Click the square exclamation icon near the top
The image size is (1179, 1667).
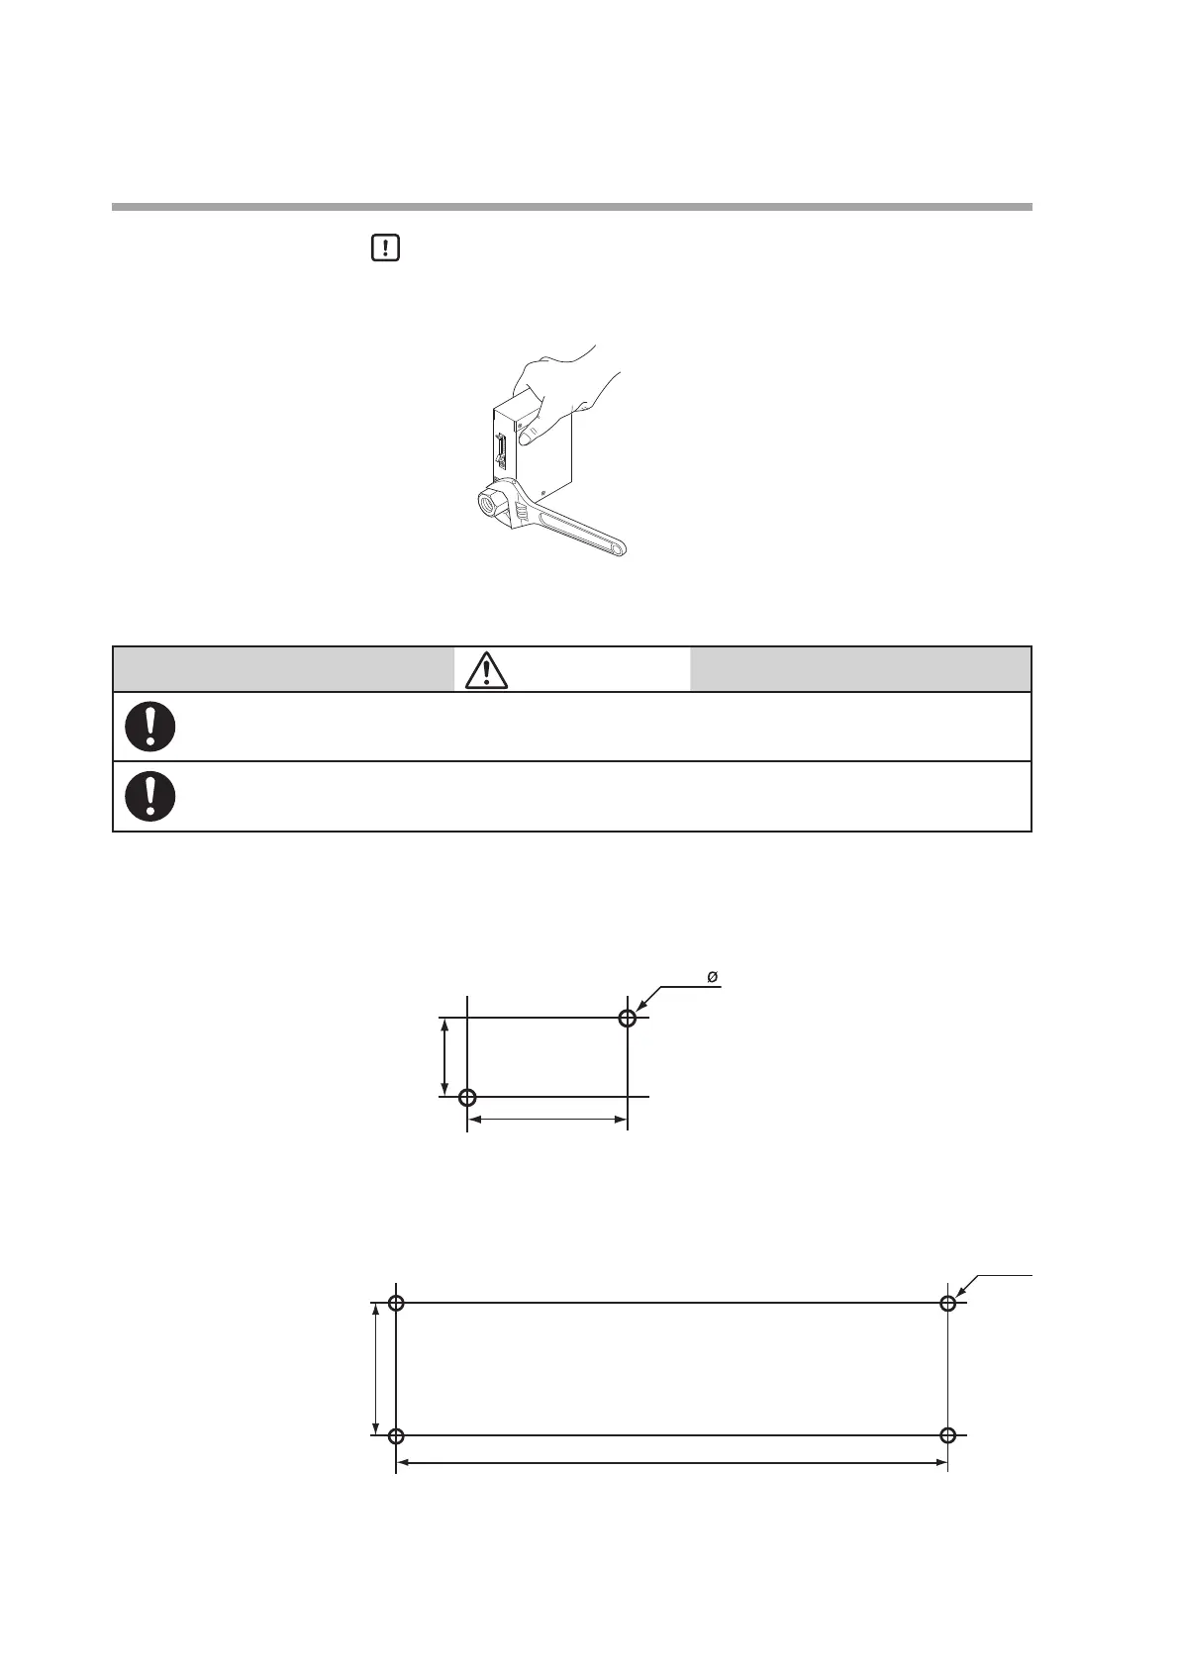(385, 247)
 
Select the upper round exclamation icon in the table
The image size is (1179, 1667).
(150, 727)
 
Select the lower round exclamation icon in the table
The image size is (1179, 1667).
(150, 796)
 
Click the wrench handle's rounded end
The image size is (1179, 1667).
(615, 546)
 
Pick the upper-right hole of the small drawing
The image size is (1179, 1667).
(628, 1018)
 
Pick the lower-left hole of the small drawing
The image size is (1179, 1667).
(468, 1097)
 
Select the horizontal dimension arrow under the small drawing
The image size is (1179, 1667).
(547, 1120)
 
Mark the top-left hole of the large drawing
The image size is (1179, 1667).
(396, 1303)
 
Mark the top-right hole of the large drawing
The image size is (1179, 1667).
(947, 1303)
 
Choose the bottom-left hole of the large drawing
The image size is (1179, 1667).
(396, 1435)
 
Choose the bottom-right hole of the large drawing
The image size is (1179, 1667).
(947, 1435)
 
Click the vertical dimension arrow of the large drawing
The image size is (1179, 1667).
(376, 1369)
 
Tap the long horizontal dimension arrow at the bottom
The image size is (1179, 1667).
(671, 1462)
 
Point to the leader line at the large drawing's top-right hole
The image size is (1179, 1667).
(995, 1280)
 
